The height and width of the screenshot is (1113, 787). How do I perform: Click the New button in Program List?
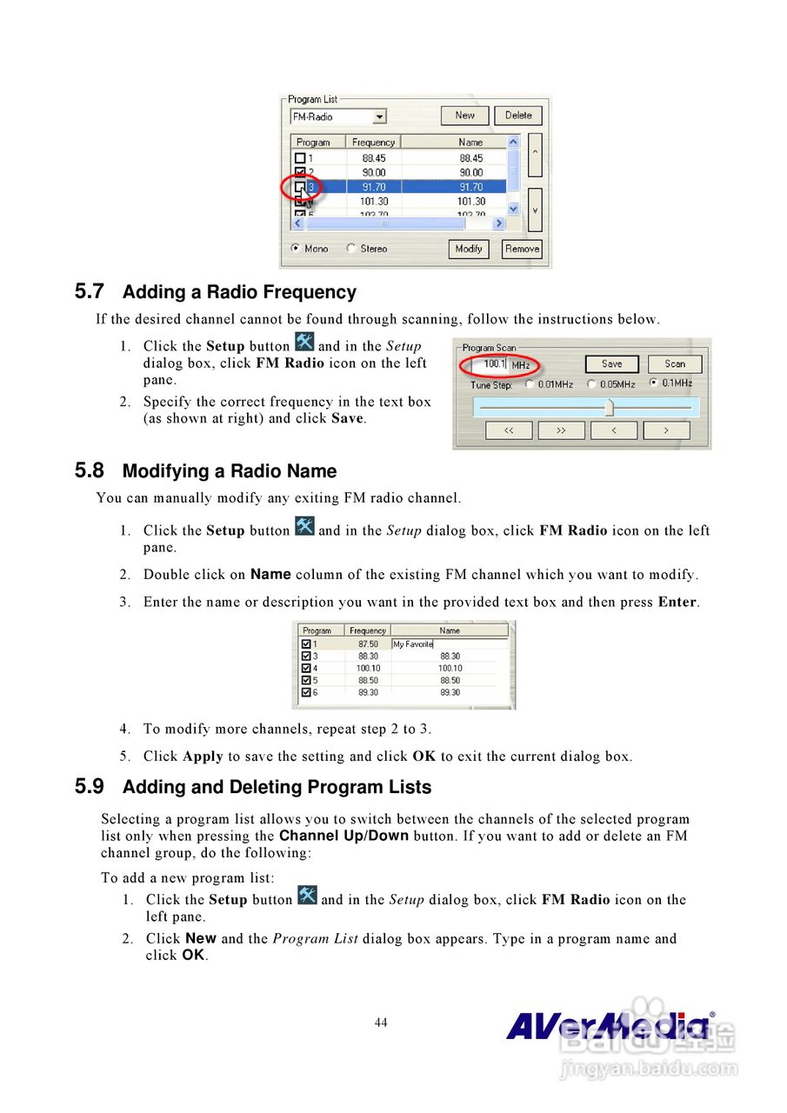pos(465,116)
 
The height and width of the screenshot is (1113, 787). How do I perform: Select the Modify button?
pos(469,249)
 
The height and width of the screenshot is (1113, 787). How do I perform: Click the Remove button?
pos(522,249)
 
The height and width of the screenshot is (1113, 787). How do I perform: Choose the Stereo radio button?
pos(351,249)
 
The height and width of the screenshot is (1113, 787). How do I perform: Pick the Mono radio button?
pos(296,249)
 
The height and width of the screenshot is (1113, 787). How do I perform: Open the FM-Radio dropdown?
pos(379,117)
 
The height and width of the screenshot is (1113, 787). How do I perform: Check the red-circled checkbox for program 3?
pos(300,187)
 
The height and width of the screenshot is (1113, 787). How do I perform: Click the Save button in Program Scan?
pos(611,364)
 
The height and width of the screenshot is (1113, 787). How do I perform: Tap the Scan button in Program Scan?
pos(675,364)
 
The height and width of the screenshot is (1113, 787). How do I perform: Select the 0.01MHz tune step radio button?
pos(527,383)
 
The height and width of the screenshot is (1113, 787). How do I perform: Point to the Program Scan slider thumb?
pos(610,407)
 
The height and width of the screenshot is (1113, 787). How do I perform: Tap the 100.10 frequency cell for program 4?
pos(368,669)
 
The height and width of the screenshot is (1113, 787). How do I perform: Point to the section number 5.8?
pos(90,471)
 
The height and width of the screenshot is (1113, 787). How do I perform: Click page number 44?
pos(381,1023)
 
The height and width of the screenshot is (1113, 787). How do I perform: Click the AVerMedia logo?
pos(609,1026)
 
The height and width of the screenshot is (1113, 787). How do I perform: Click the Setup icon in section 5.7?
pos(304,342)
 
